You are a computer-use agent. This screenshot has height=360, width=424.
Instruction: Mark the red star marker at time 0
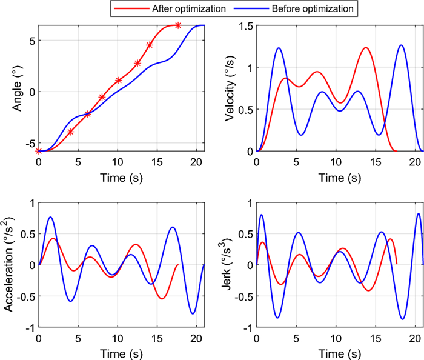click(39, 150)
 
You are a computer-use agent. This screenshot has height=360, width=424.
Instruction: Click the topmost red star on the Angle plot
click(178, 25)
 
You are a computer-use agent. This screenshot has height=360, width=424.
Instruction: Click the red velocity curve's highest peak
click(366, 48)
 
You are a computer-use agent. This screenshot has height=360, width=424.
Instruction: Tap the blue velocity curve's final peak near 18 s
click(401, 45)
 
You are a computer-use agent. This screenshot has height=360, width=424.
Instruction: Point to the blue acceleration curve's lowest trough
click(193, 313)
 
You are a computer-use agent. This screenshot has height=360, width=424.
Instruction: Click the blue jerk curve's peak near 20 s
click(418, 213)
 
